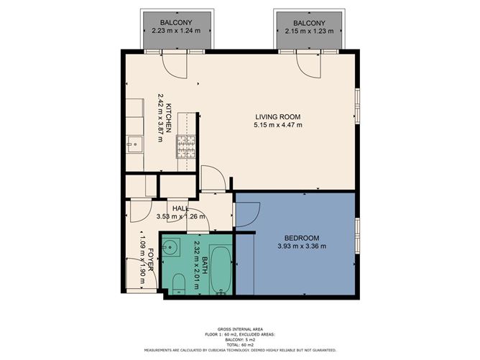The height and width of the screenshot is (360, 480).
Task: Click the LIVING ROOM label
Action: (x=277, y=116)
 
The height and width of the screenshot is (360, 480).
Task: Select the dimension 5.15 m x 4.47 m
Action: (x=277, y=125)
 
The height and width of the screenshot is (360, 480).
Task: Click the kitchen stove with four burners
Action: (x=186, y=147)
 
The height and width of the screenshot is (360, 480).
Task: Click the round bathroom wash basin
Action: (x=170, y=249)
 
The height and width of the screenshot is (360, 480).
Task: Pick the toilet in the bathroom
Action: (x=179, y=288)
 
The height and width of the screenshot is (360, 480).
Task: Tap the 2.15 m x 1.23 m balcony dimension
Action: (x=308, y=33)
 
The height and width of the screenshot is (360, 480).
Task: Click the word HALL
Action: (x=180, y=208)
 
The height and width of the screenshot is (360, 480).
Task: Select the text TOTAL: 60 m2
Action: (x=241, y=345)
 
